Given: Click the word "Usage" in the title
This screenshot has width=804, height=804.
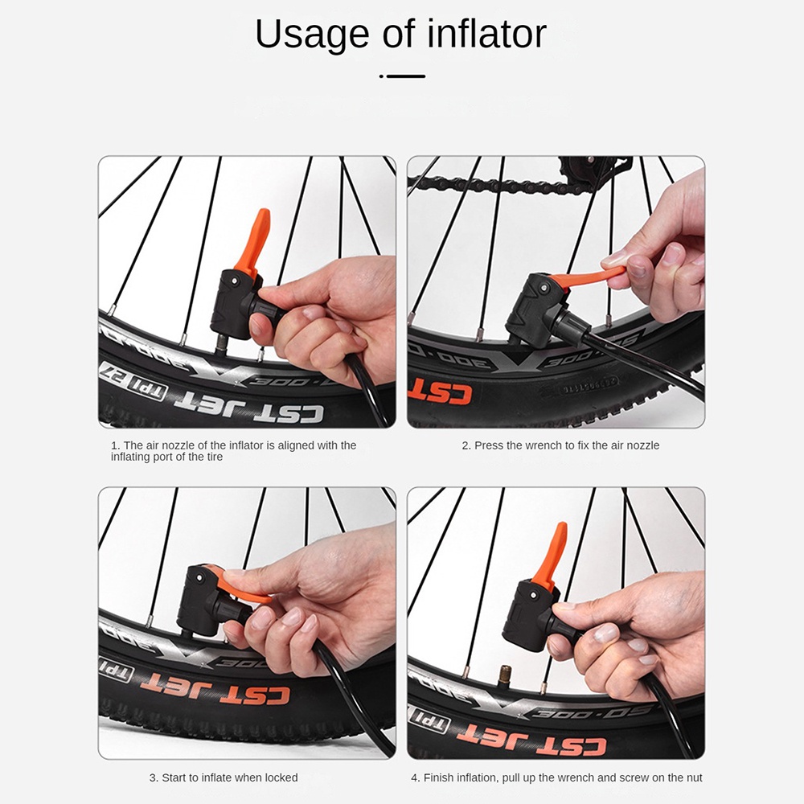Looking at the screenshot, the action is click(312, 35).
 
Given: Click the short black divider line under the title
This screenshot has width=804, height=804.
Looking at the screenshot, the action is click(405, 76).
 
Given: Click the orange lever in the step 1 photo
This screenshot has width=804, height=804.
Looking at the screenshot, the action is click(253, 241).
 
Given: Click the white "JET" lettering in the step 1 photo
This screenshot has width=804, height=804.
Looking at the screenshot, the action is click(216, 403).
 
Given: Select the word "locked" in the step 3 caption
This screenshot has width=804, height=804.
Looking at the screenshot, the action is click(281, 777).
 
